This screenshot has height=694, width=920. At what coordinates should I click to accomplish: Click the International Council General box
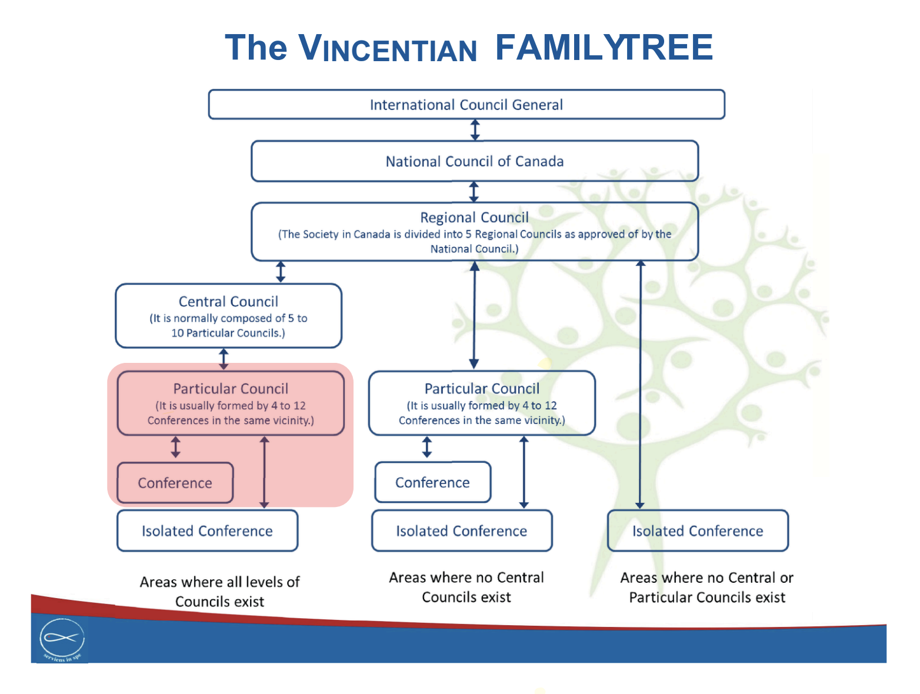point(466,105)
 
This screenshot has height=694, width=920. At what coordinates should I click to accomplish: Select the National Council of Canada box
point(474,161)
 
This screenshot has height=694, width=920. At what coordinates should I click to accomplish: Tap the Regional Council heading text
point(474,218)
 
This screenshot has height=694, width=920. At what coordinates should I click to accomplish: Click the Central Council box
point(228,316)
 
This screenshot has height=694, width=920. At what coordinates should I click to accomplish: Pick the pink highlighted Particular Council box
point(231,403)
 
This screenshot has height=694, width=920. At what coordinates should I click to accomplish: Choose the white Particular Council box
point(481,403)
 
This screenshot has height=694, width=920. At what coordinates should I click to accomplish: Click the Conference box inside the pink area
point(175,483)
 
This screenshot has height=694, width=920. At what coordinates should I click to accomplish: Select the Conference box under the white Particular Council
point(432,482)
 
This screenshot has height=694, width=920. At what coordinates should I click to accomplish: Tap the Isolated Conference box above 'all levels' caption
point(207,531)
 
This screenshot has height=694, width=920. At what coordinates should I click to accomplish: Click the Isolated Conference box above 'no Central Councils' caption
point(461,531)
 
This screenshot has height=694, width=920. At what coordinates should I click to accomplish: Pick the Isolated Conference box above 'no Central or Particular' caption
point(698,531)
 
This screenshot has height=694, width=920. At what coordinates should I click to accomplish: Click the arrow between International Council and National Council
point(475,130)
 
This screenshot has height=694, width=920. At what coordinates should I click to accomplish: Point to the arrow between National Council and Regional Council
point(474,192)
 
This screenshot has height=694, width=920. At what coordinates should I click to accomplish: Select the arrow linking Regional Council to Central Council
point(281,272)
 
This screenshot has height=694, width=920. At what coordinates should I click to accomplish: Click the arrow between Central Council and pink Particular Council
point(224,359)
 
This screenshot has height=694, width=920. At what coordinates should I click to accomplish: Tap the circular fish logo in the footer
point(62,639)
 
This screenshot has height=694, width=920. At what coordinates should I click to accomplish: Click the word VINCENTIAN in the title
point(388,48)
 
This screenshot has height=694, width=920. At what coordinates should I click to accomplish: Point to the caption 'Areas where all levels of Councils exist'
point(219,592)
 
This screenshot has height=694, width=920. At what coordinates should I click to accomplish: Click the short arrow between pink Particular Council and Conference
point(175,447)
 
